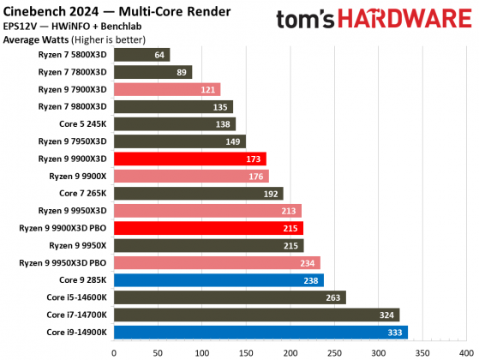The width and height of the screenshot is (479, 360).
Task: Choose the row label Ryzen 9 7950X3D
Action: click(72, 141)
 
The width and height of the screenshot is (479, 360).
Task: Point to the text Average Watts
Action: click(37, 39)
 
